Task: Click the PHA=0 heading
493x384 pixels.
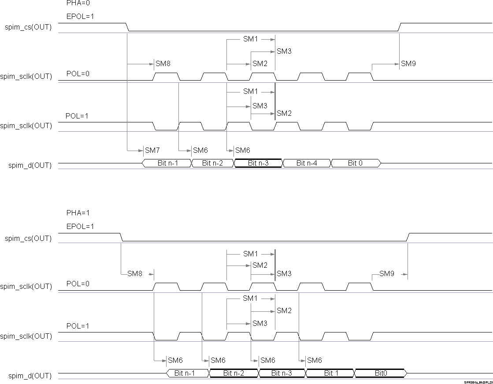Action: click(x=78, y=3)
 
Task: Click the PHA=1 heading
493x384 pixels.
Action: click(x=78, y=213)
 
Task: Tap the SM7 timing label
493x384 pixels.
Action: click(x=152, y=150)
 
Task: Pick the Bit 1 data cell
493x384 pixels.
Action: click(x=329, y=373)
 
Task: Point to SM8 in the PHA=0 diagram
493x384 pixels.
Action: click(x=163, y=64)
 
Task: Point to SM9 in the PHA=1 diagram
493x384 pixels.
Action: click(x=386, y=274)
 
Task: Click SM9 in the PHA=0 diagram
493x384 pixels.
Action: click(x=408, y=64)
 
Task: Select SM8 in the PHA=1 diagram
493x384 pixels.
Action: click(x=135, y=274)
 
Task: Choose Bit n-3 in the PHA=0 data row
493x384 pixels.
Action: click(x=258, y=163)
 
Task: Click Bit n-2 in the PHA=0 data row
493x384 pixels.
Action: click(x=212, y=163)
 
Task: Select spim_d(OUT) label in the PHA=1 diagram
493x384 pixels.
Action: click(x=30, y=376)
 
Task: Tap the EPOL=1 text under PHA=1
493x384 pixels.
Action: click(x=80, y=226)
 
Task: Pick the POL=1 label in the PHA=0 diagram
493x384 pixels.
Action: click(x=77, y=116)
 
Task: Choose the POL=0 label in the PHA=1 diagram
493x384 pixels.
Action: click(x=78, y=284)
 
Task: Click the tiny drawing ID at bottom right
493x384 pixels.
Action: click(x=478, y=383)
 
